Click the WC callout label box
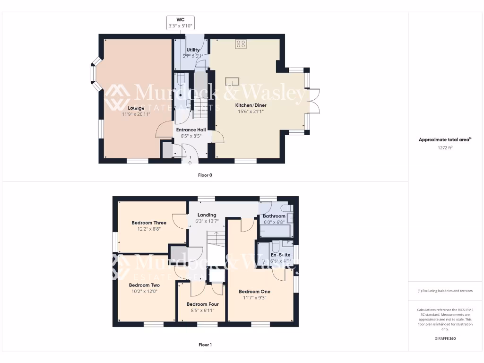pyautogui.click(x=180, y=23)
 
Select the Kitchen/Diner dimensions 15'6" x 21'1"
pyautogui.click(x=250, y=112)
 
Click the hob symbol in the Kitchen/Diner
pyautogui.click(x=241, y=44)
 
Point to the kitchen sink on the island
pyautogui.click(x=232, y=81)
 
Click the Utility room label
pyautogui.click(x=193, y=50)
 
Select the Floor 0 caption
pyautogui.click(x=205, y=175)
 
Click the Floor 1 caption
pyautogui.click(x=205, y=345)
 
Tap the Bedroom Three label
pyautogui.click(x=149, y=223)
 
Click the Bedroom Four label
pyautogui.click(x=202, y=304)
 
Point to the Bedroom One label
pyautogui.click(x=255, y=292)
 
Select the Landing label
pyautogui.click(x=207, y=215)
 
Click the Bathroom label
pyautogui.click(x=274, y=216)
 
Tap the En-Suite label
pyautogui.click(x=280, y=255)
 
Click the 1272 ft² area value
pyautogui.click(x=445, y=148)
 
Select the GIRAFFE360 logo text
pyautogui.click(x=445, y=338)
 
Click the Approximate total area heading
pyautogui.click(x=444, y=139)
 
